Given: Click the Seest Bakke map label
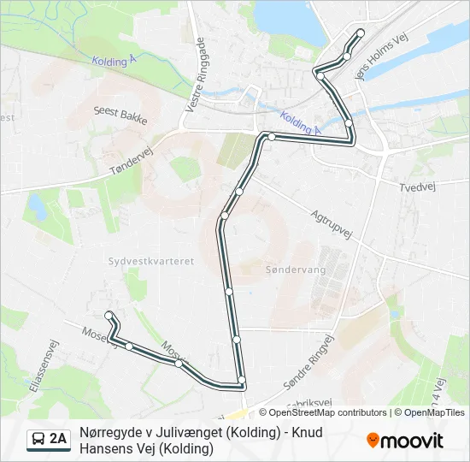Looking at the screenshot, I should coord(121,115).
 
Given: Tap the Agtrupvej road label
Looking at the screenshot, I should coord(331,227).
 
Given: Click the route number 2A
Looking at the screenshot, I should coord(58,440).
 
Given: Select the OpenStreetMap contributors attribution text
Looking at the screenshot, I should coord(323,412).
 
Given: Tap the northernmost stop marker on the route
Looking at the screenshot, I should coord(361,33).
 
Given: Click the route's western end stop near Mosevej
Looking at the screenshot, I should coord(109,316).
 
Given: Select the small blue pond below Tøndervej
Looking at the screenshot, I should coord(37,206).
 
